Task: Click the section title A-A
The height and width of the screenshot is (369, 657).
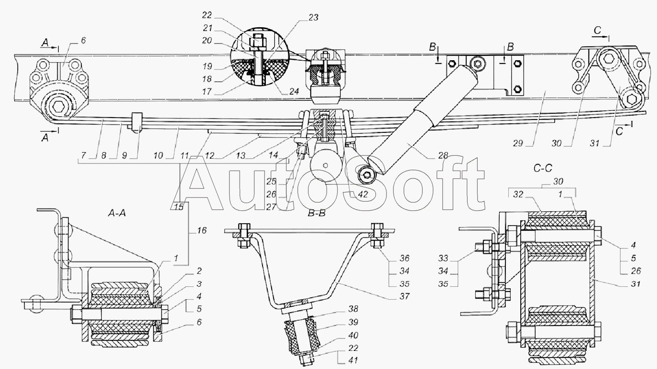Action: [x=117, y=213]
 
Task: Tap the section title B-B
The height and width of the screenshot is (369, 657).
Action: [x=317, y=213]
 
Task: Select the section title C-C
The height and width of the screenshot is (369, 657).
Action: [x=543, y=168]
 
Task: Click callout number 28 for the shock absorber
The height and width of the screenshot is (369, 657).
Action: [x=443, y=155]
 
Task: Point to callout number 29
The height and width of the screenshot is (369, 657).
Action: [x=518, y=143]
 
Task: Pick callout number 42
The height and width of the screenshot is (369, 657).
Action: [x=362, y=195]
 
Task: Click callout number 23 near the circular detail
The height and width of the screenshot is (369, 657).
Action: [x=313, y=18]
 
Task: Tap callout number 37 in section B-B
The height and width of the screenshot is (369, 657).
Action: [x=405, y=296]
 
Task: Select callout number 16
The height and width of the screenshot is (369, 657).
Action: [x=201, y=230]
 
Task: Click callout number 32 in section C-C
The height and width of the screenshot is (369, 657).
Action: [x=518, y=195]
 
